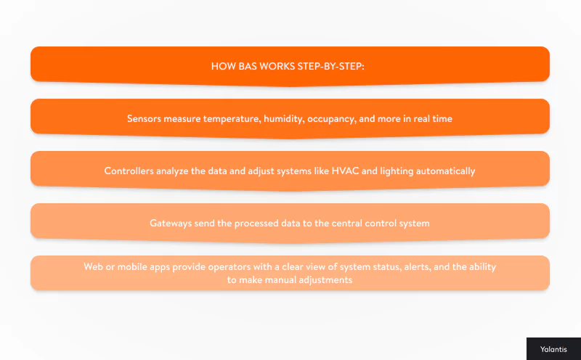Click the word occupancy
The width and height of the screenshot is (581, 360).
(x=334, y=118)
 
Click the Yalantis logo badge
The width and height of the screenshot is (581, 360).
(x=553, y=349)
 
